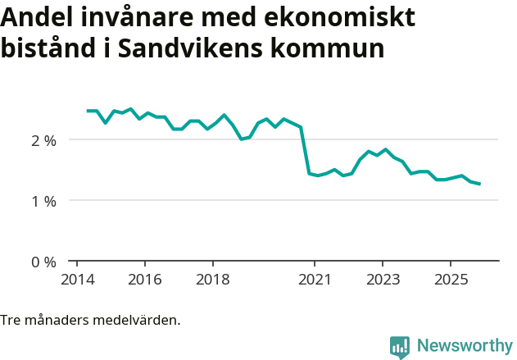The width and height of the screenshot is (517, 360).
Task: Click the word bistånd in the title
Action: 48,48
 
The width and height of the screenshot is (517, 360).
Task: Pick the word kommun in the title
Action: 334,48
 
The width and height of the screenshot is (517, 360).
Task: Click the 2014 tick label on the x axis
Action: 77,280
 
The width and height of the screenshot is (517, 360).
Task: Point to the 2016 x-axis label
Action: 145,280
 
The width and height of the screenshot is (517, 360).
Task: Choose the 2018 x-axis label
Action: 213,280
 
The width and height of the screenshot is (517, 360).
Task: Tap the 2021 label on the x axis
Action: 315,280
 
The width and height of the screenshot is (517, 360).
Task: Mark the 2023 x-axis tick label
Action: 383,280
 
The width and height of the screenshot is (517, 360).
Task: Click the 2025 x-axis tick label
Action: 451,280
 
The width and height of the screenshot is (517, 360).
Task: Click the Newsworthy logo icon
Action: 400,347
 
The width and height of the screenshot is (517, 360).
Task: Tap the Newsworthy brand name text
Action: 464,346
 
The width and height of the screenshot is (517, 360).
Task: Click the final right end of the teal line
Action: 479,184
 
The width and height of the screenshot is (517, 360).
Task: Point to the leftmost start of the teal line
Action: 88,111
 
